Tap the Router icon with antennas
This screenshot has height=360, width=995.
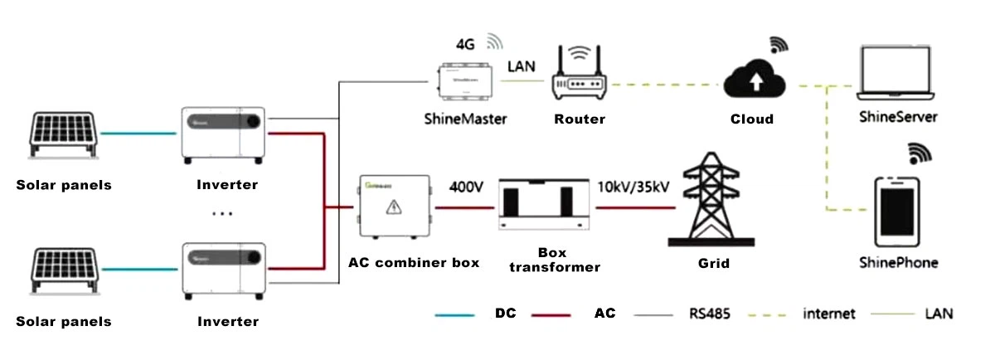pos(580,73)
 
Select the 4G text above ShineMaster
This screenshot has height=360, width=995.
pos(465,44)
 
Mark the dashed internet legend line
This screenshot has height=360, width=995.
pos(768,315)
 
